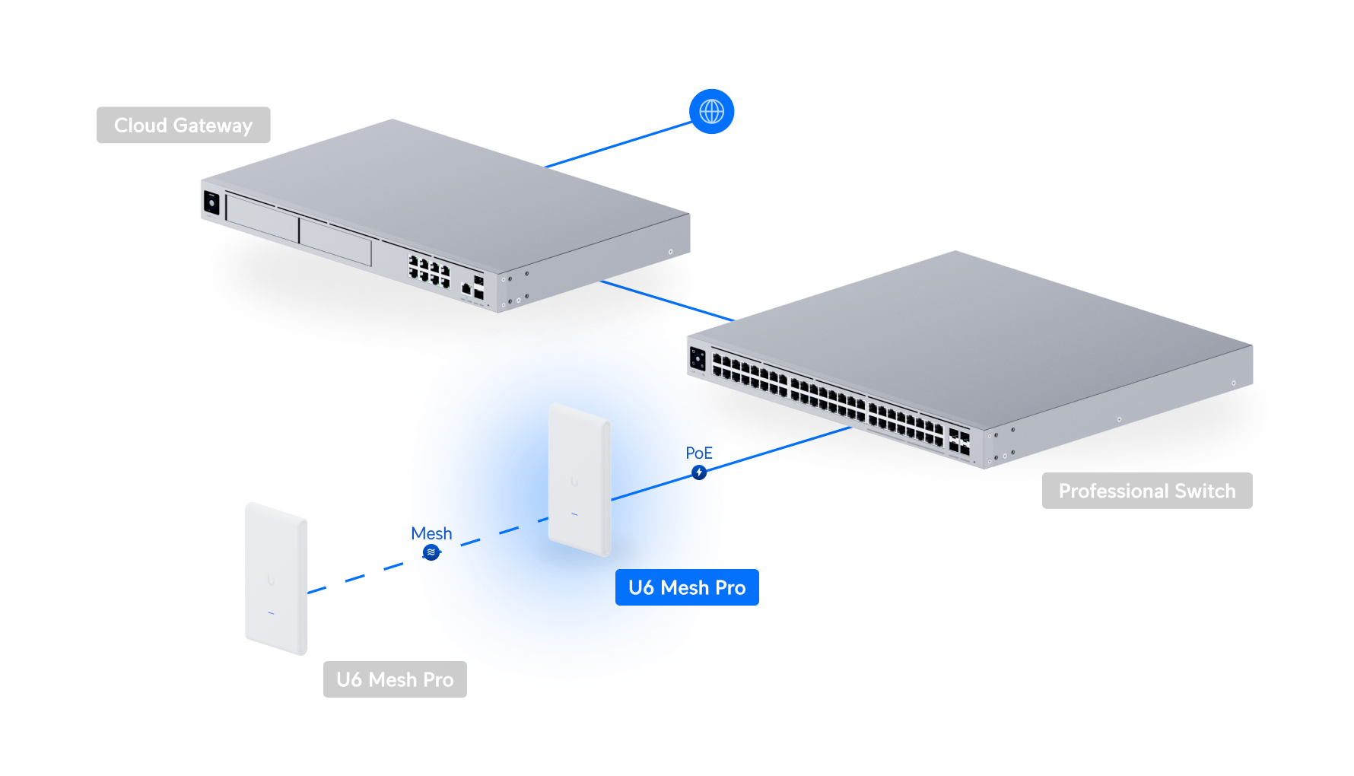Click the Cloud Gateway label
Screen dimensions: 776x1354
[183, 126]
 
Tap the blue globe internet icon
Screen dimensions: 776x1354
[711, 111]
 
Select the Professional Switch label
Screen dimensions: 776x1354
[1146, 491]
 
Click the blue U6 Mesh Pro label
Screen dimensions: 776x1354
[687, 587]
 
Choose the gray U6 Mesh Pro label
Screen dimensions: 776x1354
[395, 679]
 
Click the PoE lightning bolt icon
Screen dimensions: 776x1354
[699, 472]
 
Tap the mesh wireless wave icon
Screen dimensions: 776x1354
[431, 552]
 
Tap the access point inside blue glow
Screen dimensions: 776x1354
[580, 479]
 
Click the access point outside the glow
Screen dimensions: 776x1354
[275, 578]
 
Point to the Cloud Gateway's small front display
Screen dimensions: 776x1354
[211, 203]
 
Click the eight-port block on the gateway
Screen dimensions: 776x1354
[430, 271]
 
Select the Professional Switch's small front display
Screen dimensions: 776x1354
[698, 358]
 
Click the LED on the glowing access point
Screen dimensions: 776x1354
[574, 515]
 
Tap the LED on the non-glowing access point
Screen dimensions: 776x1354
[271, 613]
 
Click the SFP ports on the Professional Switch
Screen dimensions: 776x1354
[959, 443]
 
